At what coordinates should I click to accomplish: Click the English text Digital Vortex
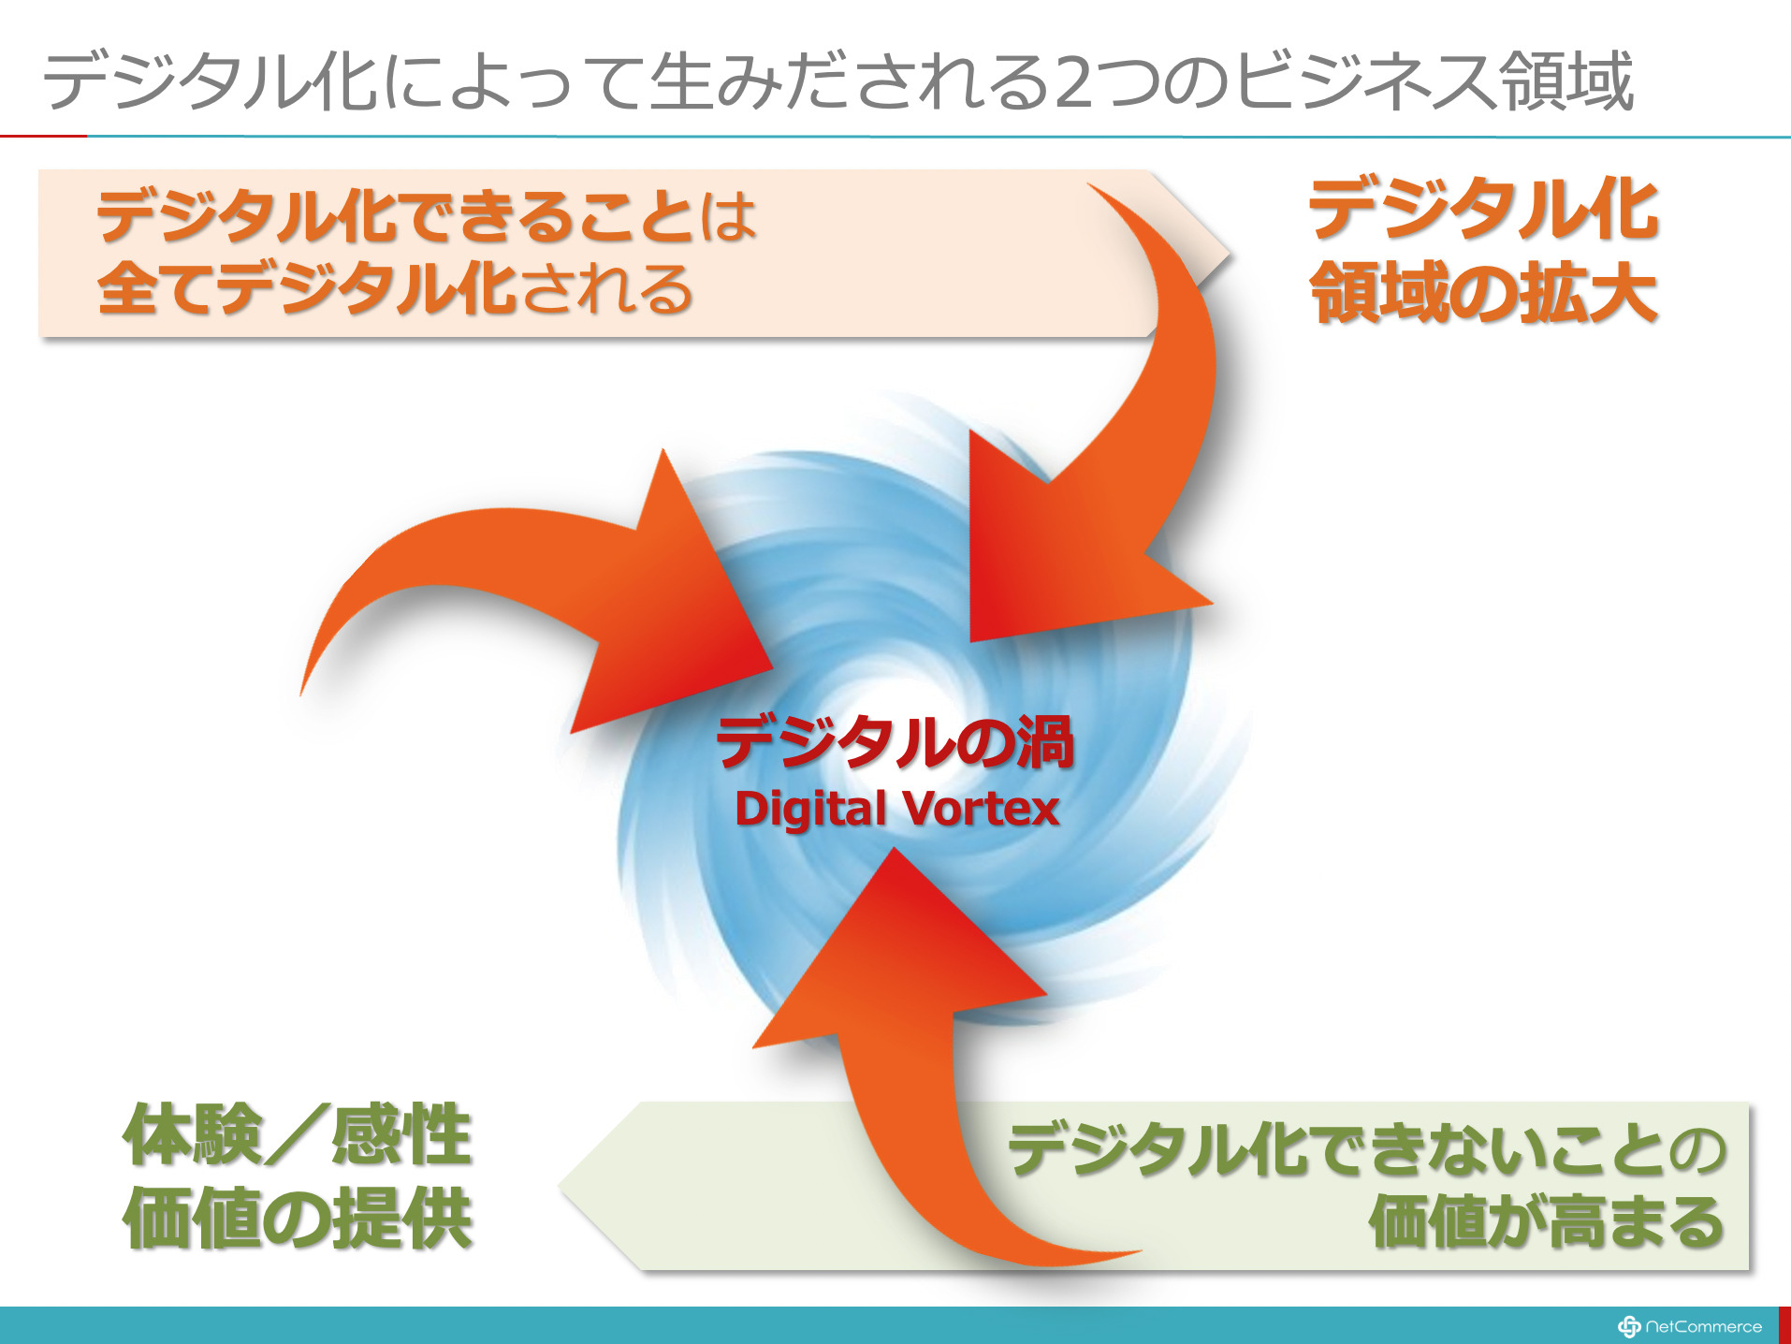[896, 809]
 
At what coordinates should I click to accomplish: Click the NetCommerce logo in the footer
[1690, 1326]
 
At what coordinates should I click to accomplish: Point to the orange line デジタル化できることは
[427, 216]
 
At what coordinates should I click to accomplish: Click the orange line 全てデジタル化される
[394, 287]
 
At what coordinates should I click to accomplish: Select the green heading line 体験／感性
[298, 1134]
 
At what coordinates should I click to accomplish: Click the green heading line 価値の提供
[298, 1218]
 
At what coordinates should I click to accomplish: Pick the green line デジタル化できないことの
[1367, 1149]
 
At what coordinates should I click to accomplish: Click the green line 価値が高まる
[1547, 1221]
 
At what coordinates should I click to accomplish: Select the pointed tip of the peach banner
[1230, 253]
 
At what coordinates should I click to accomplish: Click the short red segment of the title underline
[44, 137]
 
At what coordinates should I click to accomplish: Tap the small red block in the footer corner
[1784, 1325]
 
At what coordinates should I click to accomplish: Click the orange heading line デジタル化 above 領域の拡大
[1484, 210]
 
